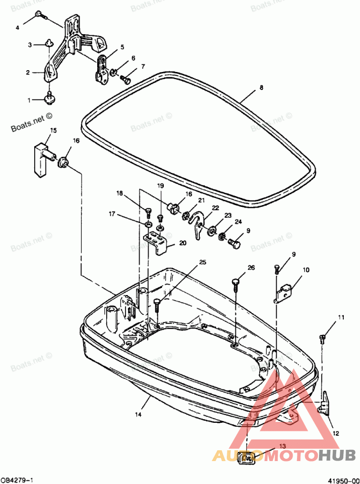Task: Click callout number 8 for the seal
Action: (x=261, y=88)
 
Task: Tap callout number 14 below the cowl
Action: (x=138, y=414)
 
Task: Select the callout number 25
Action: (x=202, y=262)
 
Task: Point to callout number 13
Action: (x=283, y=446)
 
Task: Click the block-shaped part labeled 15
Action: (x=41, y=160)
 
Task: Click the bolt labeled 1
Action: (x=49, y=98)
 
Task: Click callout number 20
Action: (x=182, y=243)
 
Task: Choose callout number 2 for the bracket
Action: (x=28, y=72)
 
